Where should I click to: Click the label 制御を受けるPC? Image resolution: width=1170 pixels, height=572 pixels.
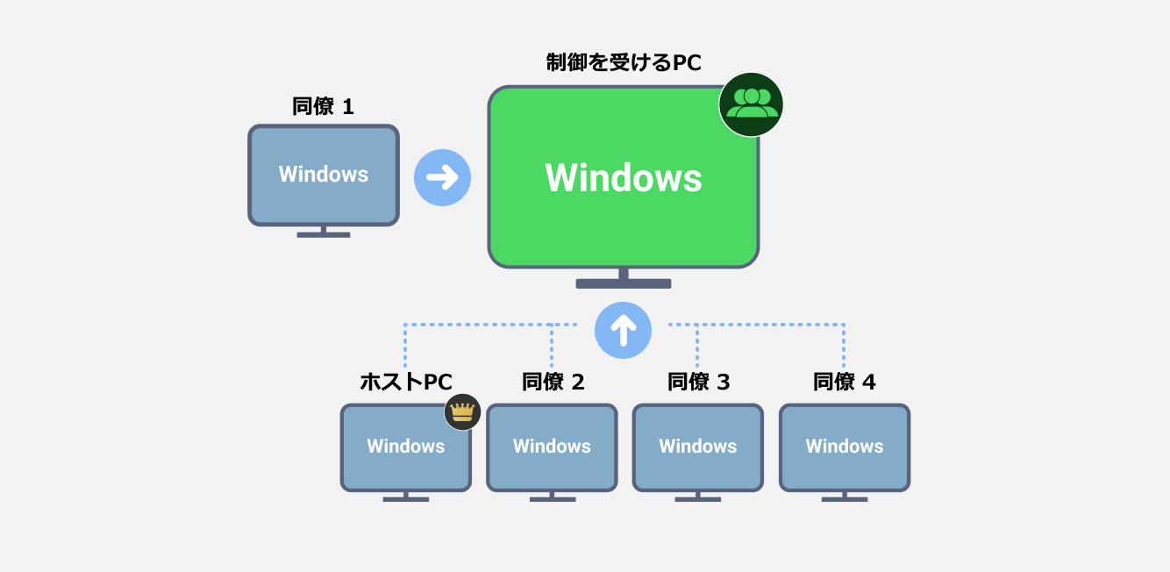click(x=624, y=63)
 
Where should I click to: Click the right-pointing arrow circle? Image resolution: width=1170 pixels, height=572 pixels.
click(x=442, y=178)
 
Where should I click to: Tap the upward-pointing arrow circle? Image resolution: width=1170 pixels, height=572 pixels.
click(x=623, y=330)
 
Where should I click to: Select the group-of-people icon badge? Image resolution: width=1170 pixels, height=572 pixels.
click(x=751, y=104)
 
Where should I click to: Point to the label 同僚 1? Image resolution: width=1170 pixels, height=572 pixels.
click(x=323, y=107)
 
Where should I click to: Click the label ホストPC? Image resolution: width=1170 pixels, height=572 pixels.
click(x=406, y=383)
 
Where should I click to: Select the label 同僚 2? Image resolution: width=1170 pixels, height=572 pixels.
click(x=553, y=383)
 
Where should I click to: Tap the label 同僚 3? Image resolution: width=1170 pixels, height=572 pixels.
click(x=698, y=383)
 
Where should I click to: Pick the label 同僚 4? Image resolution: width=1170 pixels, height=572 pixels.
click(x=844, y=383)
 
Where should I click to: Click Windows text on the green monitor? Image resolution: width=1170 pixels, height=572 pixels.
click(x=624, y=178)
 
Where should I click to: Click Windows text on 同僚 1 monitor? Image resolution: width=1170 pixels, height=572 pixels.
click(x=324, y=174)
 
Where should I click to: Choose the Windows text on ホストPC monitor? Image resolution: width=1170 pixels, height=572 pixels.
click(x=406, y=446)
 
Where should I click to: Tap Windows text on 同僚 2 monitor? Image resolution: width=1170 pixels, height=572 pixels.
click(x=553, y=446)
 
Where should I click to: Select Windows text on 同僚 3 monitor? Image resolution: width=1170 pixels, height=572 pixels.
click(x=698, y=446)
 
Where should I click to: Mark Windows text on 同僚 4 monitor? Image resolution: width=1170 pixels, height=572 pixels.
click(x=845, y=446)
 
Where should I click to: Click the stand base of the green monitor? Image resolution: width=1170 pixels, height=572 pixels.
click(x=624, y=283)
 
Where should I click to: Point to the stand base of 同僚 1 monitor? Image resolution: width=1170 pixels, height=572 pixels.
click(x=324, y=234)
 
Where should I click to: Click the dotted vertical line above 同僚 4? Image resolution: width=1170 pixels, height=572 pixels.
click(x=844, y=347)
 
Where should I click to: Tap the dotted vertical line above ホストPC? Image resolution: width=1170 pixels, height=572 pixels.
click(x=405, y=347)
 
